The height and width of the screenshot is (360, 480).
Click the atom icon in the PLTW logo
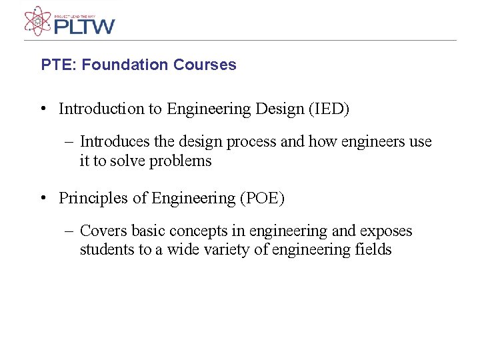(x=37, y=21)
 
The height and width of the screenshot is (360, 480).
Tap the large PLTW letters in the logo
(x=84, y=27)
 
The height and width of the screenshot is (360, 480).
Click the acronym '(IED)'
(x=328, y=109)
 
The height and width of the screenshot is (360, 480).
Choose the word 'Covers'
(x=103, y=231)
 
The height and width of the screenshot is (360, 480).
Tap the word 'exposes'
(x=386, y=231)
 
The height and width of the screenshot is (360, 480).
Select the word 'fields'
(x=374, y=250)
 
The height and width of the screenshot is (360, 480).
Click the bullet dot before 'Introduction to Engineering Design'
(x=42, y=109)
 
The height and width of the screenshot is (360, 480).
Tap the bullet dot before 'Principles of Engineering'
(x=42, y=198)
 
